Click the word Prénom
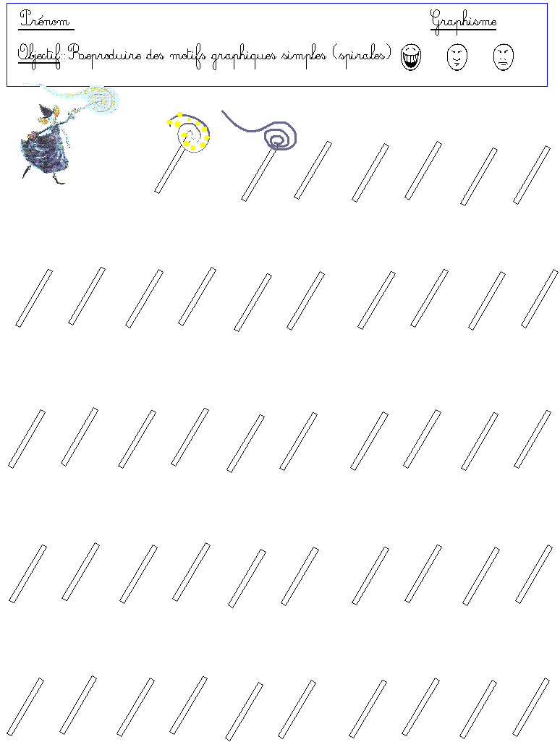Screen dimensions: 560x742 tap(45, 19)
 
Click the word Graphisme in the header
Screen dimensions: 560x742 tap(464, 21)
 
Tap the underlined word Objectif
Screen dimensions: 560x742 tap(40, 56)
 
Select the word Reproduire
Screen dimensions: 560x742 tap(105, 56)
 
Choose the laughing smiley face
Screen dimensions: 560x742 tap(410, 57)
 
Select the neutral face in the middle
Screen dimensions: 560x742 tap(457, 57)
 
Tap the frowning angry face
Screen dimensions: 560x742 tap(503, 57)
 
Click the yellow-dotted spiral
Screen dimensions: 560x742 tap(189, 132)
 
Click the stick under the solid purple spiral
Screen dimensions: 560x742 tap(258, 174)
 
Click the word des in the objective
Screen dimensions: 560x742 tap(156, 56)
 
